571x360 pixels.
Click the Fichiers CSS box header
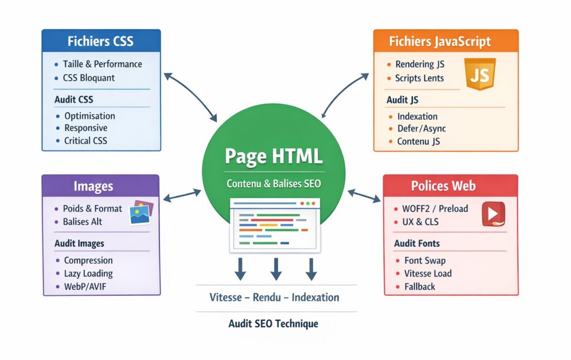101,41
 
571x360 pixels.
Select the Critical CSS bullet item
85,140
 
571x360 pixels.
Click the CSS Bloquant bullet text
89,78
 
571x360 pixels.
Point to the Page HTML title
273,156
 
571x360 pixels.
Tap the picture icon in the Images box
141,213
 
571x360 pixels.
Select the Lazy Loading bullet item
88,273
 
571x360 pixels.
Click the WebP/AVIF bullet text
85,286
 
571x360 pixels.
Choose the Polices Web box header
451,186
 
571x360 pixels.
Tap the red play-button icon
493,214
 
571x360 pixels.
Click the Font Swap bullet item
425,260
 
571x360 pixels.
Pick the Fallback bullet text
420,286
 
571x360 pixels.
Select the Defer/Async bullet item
421,129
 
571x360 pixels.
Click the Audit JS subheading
402,100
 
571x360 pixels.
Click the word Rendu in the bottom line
267,297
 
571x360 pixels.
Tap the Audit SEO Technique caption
273,324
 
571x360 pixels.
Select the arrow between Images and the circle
181,194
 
